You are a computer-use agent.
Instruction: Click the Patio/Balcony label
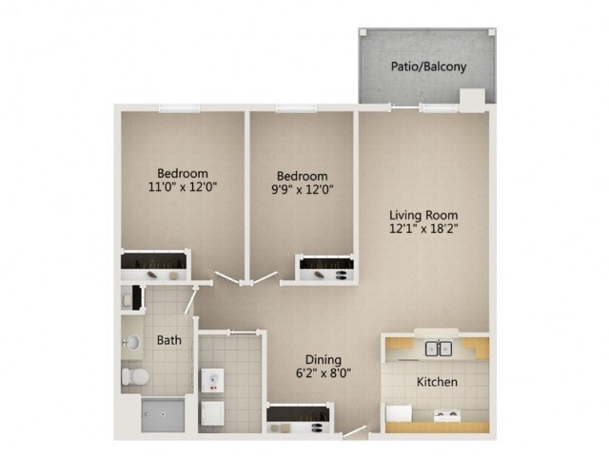pyautogui.click(x=426, y=66)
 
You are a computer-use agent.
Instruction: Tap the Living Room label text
pyautogui.click(x=425, y=214)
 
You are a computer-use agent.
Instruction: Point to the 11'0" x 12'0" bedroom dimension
pyautogui.click(x=182, y=187)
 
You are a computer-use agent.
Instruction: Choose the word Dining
pyautogui.click(x=324, y=359)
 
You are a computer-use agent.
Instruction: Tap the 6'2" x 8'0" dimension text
pyautogui.click(x=324, y=373)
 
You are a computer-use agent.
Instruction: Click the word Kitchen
pyautogui.click(x=437, y=382)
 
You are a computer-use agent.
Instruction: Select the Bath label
pyautogui.click(x=168, y=340)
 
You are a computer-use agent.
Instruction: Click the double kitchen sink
pyautogui.click(x=438, y=348)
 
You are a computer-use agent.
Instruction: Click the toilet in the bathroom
pyautogui.click(x=134, y=377)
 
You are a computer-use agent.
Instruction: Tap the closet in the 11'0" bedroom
pyautogui.click(x=154, y=264)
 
